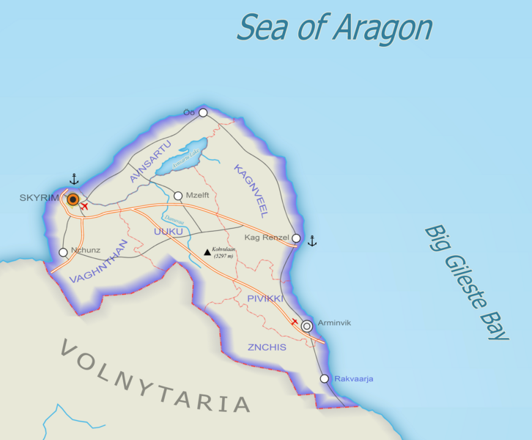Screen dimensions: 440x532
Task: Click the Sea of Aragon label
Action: [x=334, y=28]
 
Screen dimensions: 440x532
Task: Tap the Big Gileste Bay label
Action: [x=466, y=282]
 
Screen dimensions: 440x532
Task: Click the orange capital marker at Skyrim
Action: [x=73, y=199]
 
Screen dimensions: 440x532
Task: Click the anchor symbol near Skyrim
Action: [x=73, y=179]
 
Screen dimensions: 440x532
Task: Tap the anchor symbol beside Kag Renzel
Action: [x=311, y=241]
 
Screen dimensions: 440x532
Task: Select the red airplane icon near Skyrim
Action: [x=84, y=207]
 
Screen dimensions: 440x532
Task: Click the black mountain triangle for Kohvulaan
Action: [x=207, y=252]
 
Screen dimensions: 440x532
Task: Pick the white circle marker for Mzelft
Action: [x=178, y=196]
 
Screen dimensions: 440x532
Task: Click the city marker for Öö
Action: [x=203, y=112]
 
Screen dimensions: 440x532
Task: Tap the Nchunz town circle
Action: [x=63, y=252]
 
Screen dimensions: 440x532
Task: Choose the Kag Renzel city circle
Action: [x=296, y=238]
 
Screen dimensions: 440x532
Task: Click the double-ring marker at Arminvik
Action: [x=307, y=326]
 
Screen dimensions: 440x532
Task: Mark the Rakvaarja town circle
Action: [x=325, y=378]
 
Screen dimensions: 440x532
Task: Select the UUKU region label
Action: [x=168, y=232]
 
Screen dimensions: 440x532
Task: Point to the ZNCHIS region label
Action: [x=267, y=347]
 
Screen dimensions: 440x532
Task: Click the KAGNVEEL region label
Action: [x=249, y=191]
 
